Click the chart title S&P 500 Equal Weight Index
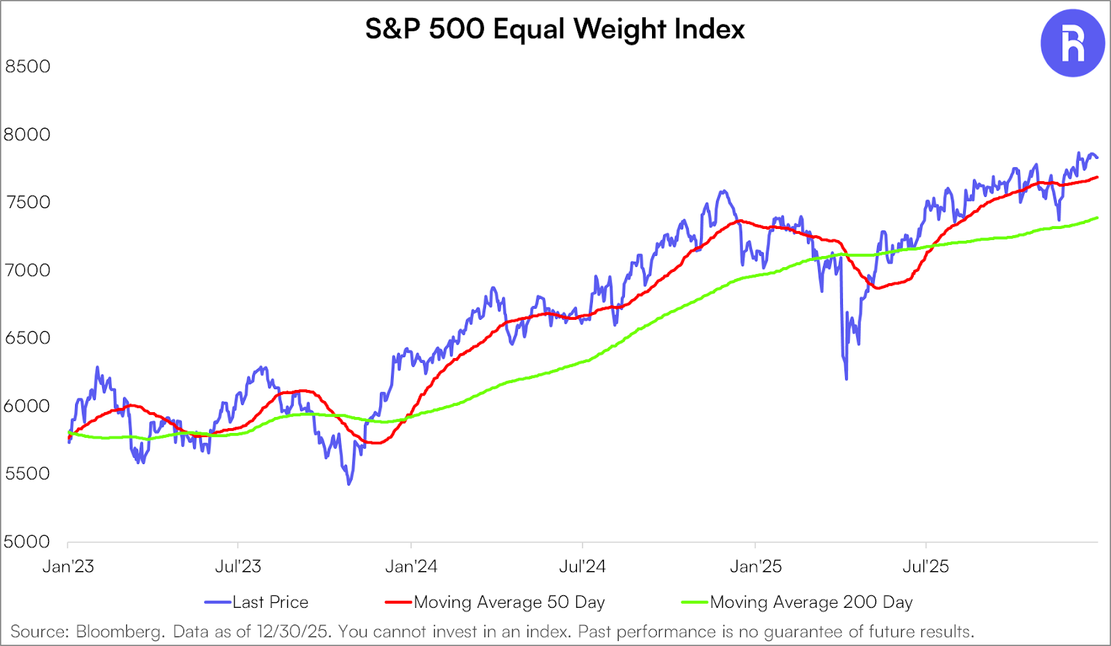pyautogui.click(x=555, y=29)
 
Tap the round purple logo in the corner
pyautogui.click(x=1072, y=43)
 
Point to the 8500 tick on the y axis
pyautogui.click(x=28, y=67)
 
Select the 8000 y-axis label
pyautogui.click(x=28, y=135)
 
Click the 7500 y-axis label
pyautogui.click(x=28, y=203)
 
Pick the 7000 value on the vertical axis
pyautogui.click(x=28, y=271)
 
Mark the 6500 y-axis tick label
pyautogui.click(x=28, y=339)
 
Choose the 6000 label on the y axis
pyautogui.click(x=28, y=407)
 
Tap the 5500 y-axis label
pyautogui.click(x=28, y=474)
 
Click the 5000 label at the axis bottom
pyautogui.click(x=28, y=542)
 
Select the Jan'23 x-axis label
pyautogui.click(x=68, y=567)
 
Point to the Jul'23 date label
pyautogui.click(x=238, y=567)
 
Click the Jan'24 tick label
pyautogui.click(x=411, y=567)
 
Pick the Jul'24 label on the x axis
pyautogui.click(x=583, y=567)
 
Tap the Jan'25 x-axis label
pyautogui.click(x=755, y=567)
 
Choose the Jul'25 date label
pyautogui.click(x=926, y=567)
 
